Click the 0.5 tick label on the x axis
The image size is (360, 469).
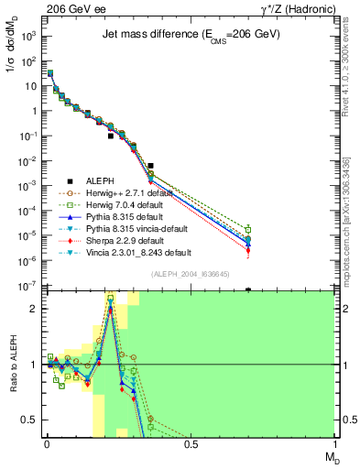click(x=191, y=444)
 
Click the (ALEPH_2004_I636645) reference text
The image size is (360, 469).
click(x=191, y=275)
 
